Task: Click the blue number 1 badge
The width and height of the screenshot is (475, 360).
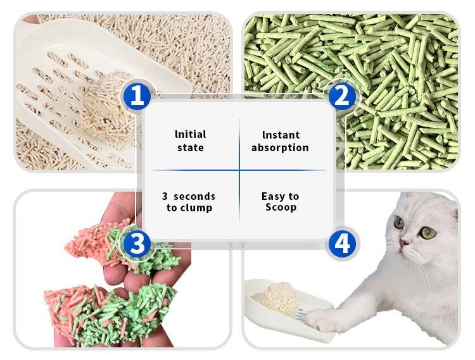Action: pyautogui.click(x=137, y=97)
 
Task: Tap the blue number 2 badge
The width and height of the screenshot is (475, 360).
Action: pyautogui.click(x=342, y=97)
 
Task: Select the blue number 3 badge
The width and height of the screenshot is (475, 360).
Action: pyautogui.click(x=137, y=243)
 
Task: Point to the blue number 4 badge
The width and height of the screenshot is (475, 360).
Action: pyautogui.click(x=342, y=243)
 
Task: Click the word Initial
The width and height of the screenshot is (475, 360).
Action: pyautogui.click(x=191, y=134)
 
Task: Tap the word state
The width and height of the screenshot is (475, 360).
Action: pyautogui.click(x=191, y=147)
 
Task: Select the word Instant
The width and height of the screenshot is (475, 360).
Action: pyautogui.click(x=281, y=135)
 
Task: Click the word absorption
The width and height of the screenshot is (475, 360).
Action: pyautogui.click(x=280, y=147)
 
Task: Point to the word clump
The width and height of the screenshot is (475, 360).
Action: pyautogui.click(x=196, y=208)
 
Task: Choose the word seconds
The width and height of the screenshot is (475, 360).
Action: pyautogui.click(x=194, y=197)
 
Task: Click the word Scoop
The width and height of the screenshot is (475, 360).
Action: pyautogui.click(x=281, y=208)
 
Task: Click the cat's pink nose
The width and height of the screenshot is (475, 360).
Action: pyautogui.click(x=403, y=243)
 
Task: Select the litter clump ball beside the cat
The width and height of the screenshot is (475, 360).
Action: pyautogui.click(x=279, y=299)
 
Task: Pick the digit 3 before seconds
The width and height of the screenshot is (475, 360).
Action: pyautogui.click(x=165, y=196)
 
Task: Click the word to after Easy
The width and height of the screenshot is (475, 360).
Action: pyautogui.click(x=293, y=197)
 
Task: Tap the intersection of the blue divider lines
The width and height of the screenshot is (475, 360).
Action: pyautogui.click(x=239, y=170)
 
